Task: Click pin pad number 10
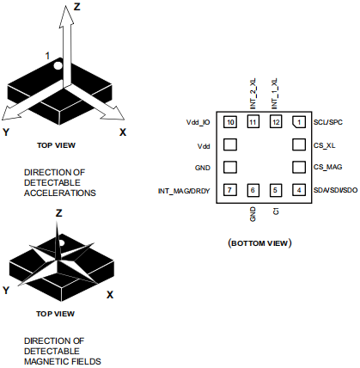(x=230, y=122)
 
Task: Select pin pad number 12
(x=276, y=122)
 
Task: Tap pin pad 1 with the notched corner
(x=299, y=122)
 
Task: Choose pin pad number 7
(x=230, y=190)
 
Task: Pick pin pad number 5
(x=276, y=190)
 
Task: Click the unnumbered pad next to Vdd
(x=230, y=144)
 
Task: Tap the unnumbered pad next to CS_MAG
(x=299, y=167)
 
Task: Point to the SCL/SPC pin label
(x=328, y=122)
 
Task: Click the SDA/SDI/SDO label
(x=335, y=190)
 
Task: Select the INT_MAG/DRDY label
(x=184, y=191)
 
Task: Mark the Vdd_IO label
(x=198, y=122)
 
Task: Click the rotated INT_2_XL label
(x=253, y=94)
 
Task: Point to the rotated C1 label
(x=276, y=212)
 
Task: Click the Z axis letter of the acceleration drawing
(x=77, y=6)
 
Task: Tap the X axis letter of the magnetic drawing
(x=110, y=295)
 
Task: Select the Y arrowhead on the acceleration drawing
(x=10, y=113)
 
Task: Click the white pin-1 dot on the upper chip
(x=58, y=65)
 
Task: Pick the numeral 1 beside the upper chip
(x=48, y=56)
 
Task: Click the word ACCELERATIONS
(x=60, y=193)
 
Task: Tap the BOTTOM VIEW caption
(x=259, y=243)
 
